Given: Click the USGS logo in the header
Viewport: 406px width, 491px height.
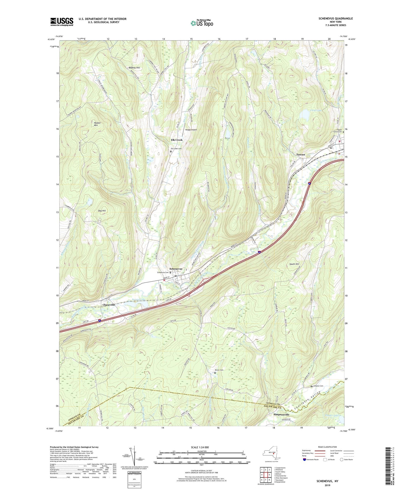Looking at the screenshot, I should click(x=62, y=22).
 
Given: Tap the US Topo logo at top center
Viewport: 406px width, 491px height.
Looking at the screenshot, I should click(x=202, y=23).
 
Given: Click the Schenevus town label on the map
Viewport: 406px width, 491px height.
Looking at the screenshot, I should click(x=176, y=269).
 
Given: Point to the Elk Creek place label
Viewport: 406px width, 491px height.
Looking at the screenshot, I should click(x=176, y=140).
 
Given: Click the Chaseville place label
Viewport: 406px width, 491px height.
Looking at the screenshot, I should click(x=109, y=305).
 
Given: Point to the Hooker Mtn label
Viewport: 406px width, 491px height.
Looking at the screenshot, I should click(x=97, y=124).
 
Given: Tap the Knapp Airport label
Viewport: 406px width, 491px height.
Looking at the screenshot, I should click(x=191, y=130).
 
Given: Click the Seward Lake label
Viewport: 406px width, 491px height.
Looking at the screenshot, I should click(x=138, y=299).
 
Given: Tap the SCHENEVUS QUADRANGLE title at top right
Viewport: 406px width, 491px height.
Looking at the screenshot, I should click(x=332, y=18).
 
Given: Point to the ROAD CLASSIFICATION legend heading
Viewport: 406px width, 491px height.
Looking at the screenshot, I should click(x=328, y=447).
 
